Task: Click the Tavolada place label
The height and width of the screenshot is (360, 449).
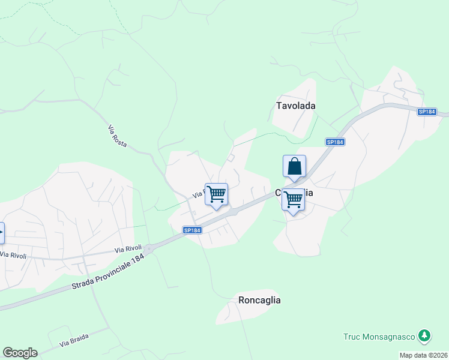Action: tap(295, 106)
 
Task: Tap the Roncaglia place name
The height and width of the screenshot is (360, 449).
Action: tap(259, 300)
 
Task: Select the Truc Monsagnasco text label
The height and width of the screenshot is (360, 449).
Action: tap(380, 337)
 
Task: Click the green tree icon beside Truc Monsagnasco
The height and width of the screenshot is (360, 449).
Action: tap(424, 335)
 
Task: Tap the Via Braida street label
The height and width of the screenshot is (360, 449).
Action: tap(74, 341)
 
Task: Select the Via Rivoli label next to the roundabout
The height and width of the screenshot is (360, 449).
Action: tap(128, 248)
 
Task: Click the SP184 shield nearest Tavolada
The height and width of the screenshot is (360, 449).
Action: tap(335, 142)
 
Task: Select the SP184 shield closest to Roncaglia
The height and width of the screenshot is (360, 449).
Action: tap(191, 230)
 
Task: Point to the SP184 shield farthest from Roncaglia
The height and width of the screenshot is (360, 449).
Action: tap(427, 112)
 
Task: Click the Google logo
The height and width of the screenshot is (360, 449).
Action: tap(20, 353)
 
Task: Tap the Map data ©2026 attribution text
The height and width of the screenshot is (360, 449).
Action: tap(424, 355)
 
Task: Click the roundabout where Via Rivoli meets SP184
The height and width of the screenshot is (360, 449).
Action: tap(148, 248)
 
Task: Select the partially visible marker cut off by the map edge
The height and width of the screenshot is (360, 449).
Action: tap(2, 232)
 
